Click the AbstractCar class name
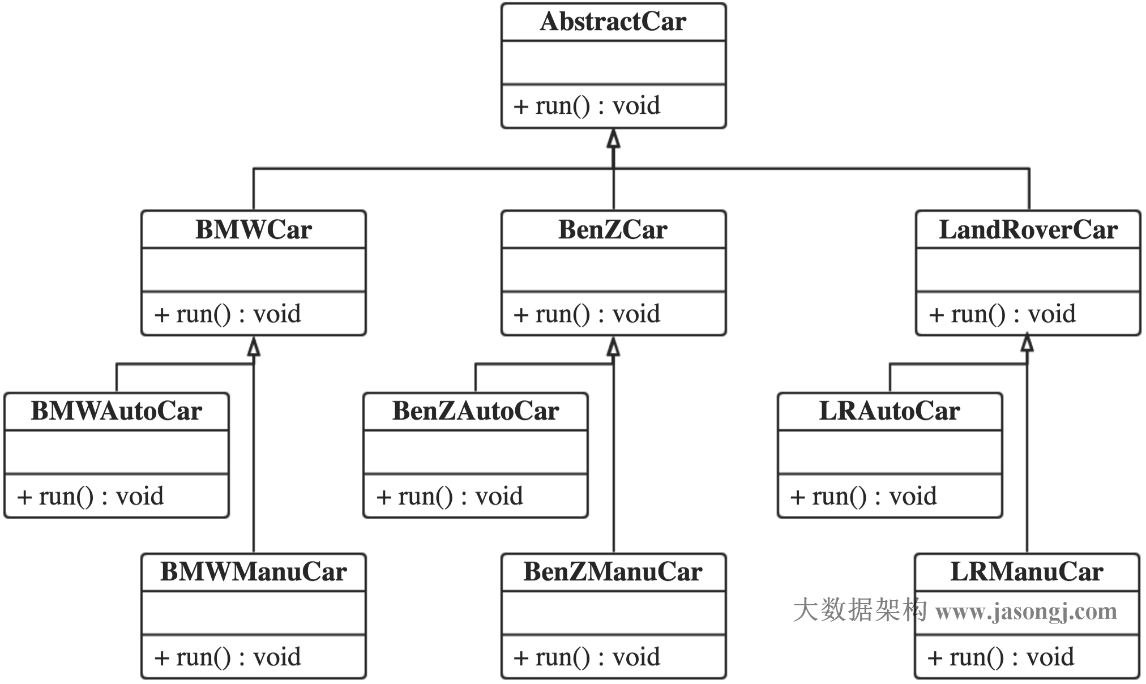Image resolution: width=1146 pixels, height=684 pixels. (613, 22)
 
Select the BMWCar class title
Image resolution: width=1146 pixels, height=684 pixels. (253, 230)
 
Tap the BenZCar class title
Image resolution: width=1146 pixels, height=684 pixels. (613, 230)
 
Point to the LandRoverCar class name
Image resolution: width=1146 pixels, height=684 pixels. (1028, 230)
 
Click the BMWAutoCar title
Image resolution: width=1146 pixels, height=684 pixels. (116, 411)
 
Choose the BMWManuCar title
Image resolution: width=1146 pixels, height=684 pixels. (253, 572)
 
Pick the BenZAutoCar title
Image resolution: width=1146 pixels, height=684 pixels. (475, 411)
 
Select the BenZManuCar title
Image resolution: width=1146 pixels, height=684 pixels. (613, 572)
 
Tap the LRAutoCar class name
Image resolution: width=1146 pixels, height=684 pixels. (889, 411)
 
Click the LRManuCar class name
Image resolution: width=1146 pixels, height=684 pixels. (1026, 572)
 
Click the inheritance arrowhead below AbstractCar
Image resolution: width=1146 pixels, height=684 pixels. (613, 139)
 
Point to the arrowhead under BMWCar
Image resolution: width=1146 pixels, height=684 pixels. (254, 346)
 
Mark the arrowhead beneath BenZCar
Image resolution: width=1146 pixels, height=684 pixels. (613, 346)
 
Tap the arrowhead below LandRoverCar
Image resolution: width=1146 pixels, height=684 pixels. (1027, 343)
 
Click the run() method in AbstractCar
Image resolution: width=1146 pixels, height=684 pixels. (587, 106)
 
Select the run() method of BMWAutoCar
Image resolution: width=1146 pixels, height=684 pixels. (90, 497)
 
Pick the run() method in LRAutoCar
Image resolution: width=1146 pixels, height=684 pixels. (863, 497)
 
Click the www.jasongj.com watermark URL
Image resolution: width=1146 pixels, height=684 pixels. (1026, 612)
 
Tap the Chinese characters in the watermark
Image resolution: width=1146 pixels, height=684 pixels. (859, 610)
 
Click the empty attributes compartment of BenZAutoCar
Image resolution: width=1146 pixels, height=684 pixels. (475, 452)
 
